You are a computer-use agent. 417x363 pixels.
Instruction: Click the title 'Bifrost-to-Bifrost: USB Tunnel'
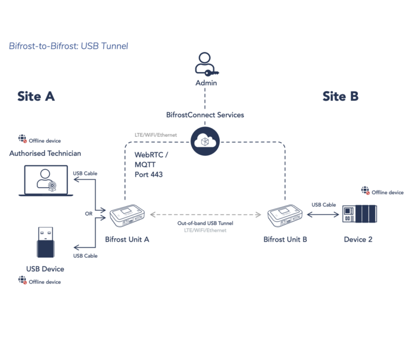pos(68,46)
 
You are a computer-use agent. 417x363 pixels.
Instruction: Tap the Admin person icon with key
pos(205,65)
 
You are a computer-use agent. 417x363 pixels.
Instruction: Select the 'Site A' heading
pos(36,97)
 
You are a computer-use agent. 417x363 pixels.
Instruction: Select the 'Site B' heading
pos(340,97)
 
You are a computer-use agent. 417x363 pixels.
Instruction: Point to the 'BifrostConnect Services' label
pos(205,115)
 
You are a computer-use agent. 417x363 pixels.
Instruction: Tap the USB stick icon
pos(45,243)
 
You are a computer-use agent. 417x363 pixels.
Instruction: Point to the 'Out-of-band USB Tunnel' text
pos(205,223)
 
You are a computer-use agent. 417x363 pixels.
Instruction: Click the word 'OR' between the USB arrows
pos(89,214)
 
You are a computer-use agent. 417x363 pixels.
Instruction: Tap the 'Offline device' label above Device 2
pos(387,192)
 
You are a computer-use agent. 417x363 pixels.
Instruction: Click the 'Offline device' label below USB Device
pos(45,282)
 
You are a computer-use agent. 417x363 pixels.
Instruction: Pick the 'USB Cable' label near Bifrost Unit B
pos(324,205)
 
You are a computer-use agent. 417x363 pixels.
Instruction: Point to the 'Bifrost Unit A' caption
pos(128,239)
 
